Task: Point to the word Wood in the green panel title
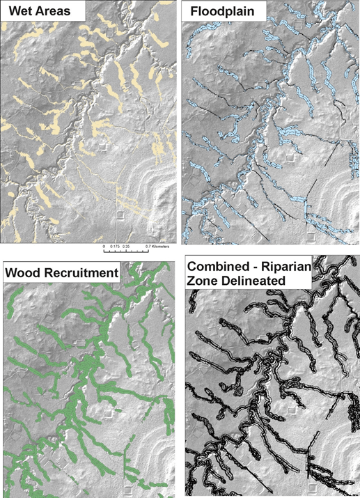[x=24, y=272]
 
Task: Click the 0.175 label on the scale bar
[x=116, y=247]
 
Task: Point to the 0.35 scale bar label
[x=130, y=247]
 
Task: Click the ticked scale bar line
[x=126, y=242]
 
